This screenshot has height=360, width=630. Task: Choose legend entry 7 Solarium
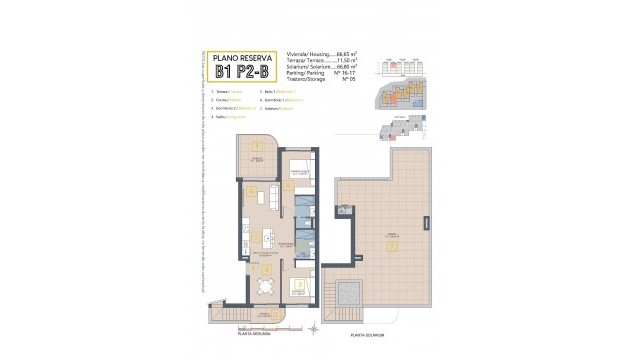[x=277, y=109]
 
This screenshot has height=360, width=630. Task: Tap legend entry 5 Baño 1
[x=277, y=91]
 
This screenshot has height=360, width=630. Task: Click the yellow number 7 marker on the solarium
[x=392, y=243]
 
